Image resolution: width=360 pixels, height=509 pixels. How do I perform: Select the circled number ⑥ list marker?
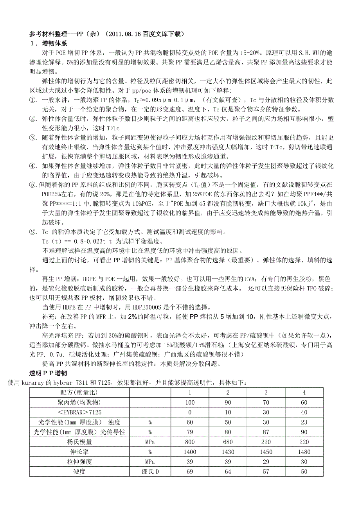pyautogui.click(x=33, y=232)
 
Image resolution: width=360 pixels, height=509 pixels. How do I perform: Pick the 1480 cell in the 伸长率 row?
pyautogui.click(x=304, y=452)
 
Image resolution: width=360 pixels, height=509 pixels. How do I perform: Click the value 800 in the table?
pyautogui.click(x=190, y=442)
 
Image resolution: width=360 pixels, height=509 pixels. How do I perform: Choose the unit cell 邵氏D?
pyautogui.click(x=150, y=472)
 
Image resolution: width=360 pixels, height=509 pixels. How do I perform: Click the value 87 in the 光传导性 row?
pyautogui.click(x=266, y=432)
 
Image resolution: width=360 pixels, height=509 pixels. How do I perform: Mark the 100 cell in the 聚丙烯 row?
pyautogui.click(x=190, y=402)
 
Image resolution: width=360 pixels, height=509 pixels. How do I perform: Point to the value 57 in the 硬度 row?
pyautogui.click(x=266, y=472)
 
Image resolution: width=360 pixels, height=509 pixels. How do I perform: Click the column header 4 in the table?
pyautogui.click(x=304, y=392)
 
